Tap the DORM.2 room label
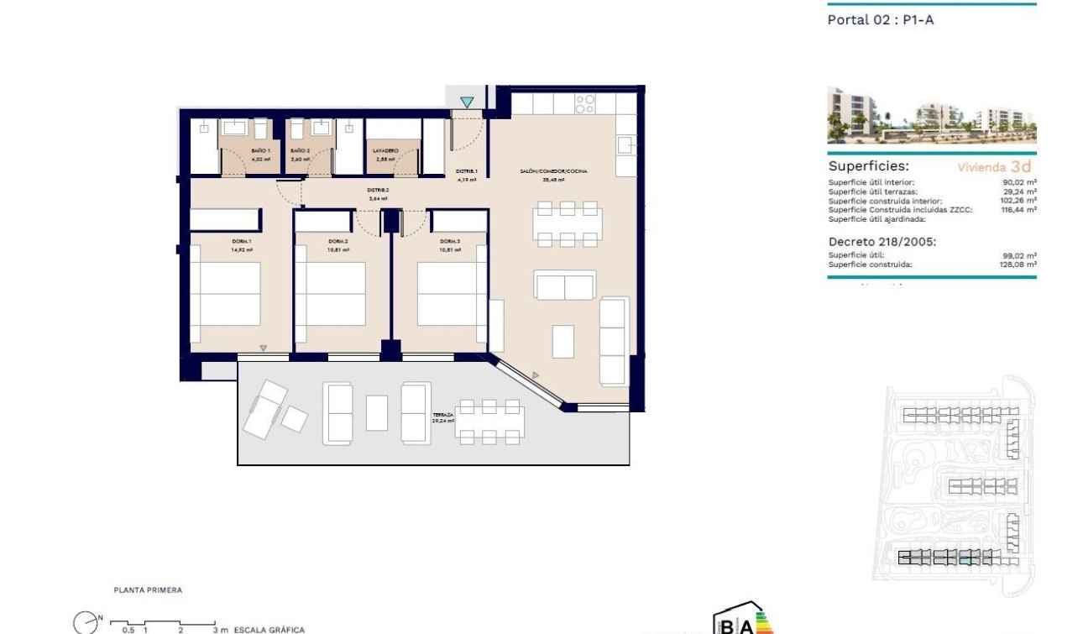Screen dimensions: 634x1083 tap(338, 241)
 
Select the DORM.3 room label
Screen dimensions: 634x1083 tap(450, 241)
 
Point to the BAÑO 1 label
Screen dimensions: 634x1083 tap(260, 151)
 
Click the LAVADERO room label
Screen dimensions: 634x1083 tap(385, 151)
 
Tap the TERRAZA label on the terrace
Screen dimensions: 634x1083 tap(442, 415)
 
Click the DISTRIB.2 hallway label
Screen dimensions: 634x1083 tap(378, 191)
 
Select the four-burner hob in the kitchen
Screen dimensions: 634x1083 tap(585, 104)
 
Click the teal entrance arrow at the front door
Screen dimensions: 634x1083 tap(467, 102)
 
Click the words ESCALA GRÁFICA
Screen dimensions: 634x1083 tap(269, 629)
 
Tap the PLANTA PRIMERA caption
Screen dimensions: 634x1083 tap(148, 590)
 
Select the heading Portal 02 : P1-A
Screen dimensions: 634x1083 tap(881, 20)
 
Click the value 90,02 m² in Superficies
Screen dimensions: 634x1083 tap(1019, 182)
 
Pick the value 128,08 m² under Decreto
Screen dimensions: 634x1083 tap(1018, 265)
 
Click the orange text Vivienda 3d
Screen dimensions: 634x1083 tap(994, 167)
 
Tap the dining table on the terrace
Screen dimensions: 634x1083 tap(489, 422)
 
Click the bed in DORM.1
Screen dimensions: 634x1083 tap(226, 294)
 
